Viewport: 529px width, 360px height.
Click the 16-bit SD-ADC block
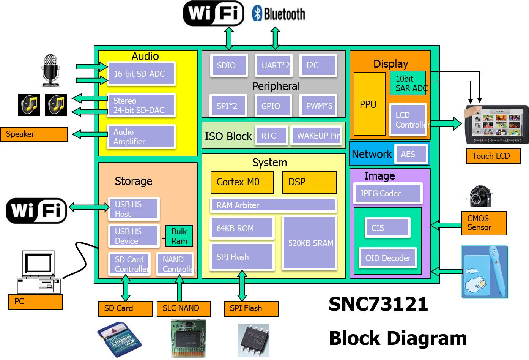(141, 74)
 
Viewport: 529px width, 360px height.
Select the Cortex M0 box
(242, 182)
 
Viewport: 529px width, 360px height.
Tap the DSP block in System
(309, 182)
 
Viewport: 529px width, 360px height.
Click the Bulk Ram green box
(179, 236)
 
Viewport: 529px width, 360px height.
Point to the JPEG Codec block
(387, 193)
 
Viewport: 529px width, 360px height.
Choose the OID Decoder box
(387, 258)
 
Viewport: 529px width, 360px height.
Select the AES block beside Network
(411, 154)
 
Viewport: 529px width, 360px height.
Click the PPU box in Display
(369, 104)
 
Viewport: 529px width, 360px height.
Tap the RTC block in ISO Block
(271, 136)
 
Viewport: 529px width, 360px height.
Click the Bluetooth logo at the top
(279, 14)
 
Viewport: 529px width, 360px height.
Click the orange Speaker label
(34, 134)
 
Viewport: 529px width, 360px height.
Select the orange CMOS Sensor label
(484, 223)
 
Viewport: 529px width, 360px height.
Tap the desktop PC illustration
(39, 272)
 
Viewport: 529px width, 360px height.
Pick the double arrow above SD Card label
(125, 288)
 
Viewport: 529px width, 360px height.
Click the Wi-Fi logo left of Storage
(36, 210)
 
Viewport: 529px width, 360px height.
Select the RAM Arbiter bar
(273, 205)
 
